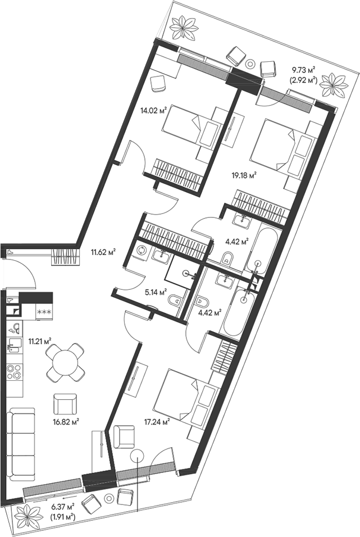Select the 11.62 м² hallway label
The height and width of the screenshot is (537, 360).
coord(103,253)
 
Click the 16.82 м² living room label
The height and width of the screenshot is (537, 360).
coord(66,420)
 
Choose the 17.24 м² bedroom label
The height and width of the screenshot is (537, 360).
coord(158,423)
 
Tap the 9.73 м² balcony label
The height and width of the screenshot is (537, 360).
coord(303,70)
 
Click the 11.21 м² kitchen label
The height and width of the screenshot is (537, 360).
coord(40,340)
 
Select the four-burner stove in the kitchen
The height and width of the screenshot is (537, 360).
coord(14,372)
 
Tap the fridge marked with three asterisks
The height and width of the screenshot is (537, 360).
coord(44,311)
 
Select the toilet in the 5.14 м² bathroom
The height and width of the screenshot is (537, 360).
coord(175,300)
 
